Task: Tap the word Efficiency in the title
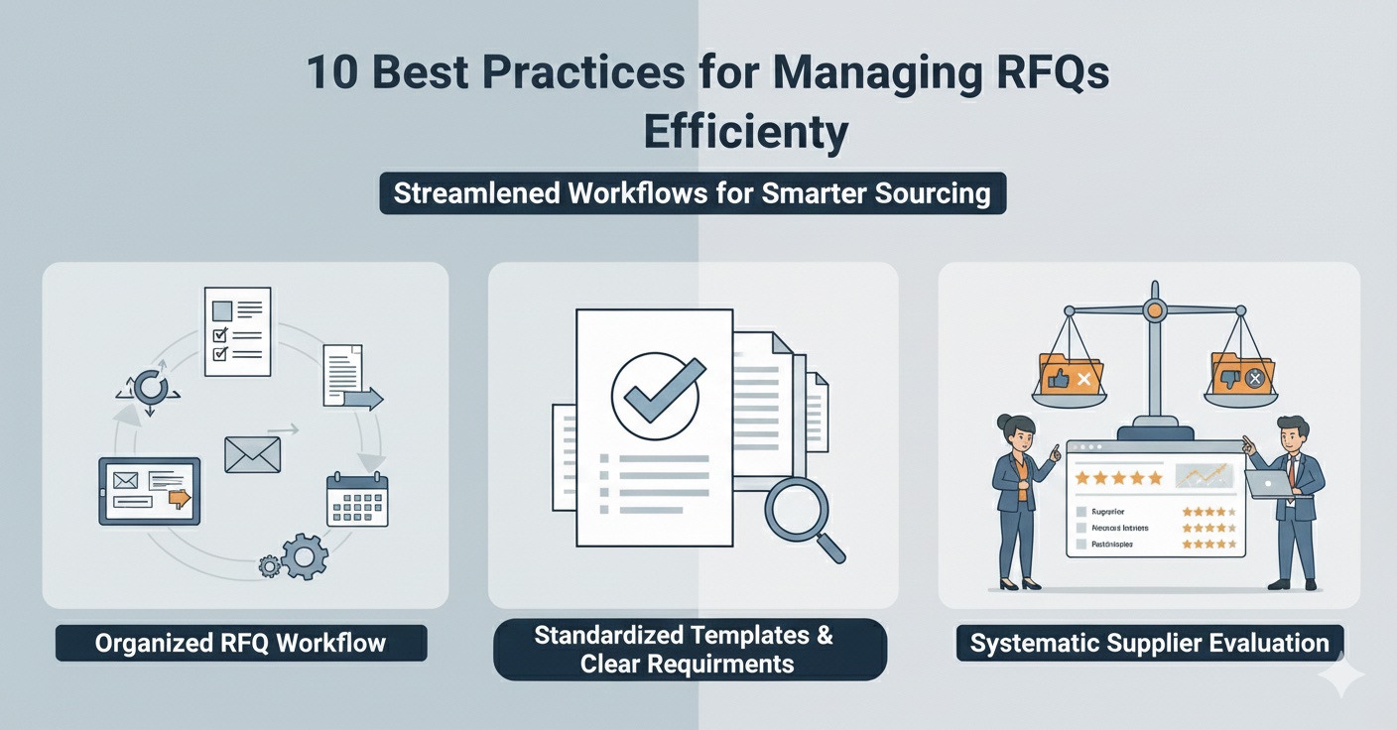click(x=746, y=132)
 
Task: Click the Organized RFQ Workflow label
click(x=240, y=643)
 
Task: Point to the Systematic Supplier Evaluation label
click(x=1149, y=643)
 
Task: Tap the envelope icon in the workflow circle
click(x=252, y=454)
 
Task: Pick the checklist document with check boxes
click(x=237, y=331)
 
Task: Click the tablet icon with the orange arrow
click(x=149, y=490)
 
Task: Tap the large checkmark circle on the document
click(x=655, y=395)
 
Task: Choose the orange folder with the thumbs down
click(x=1241, y=375)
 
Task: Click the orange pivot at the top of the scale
click(x=1153, y=311)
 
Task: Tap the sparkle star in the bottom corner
click(x=1340, y=676)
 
